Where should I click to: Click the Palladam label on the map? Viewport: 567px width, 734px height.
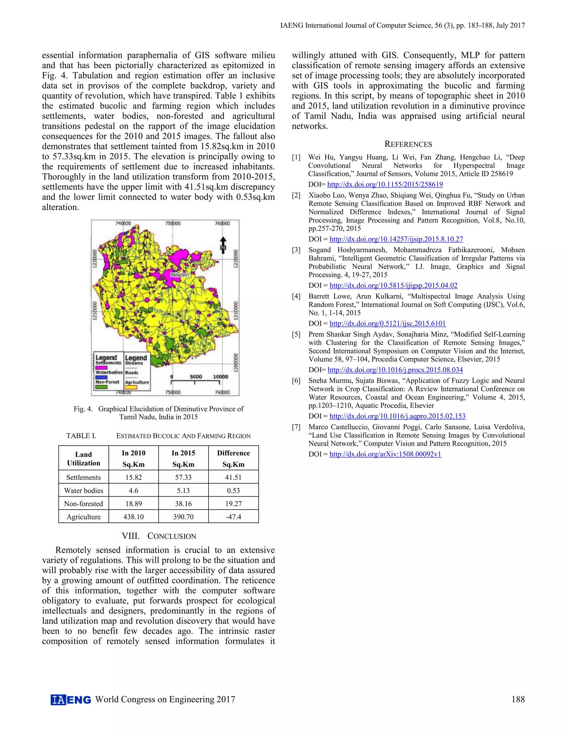pyautogui.click(x=179, y=274)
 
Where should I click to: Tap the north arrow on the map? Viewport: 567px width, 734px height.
pyautogui.click(x=223, y=244)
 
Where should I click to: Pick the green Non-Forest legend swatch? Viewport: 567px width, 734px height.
pyautogui.click(x=101, y=387)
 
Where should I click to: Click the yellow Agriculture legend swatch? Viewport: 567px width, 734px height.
pyautogui.click(x=131, y=387)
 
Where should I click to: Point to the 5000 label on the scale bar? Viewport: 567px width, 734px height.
pyautogui.click(x=196, y=377)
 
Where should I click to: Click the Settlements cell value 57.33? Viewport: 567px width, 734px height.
pyautogui.click(x=183, y=477)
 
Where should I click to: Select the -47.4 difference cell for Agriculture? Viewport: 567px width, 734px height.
pyautogui.click(x=233, y=517)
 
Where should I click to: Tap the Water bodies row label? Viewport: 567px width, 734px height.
pyautogui.click(x=84, y=490)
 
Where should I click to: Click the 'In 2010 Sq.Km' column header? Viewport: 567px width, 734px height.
pyautogui.click(x=133, y=458)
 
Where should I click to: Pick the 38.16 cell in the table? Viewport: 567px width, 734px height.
pyautogui.click(x=183, y=504)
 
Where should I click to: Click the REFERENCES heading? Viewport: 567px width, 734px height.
pyautogui.click(x=408, y=144)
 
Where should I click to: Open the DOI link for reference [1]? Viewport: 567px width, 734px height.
pyautogui.click(x=385, y=184)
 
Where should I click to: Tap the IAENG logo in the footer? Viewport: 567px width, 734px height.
pyautogui.click(x=71, y=699)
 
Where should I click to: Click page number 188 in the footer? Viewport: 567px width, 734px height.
pyautogui.click(x=518, y=699)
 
